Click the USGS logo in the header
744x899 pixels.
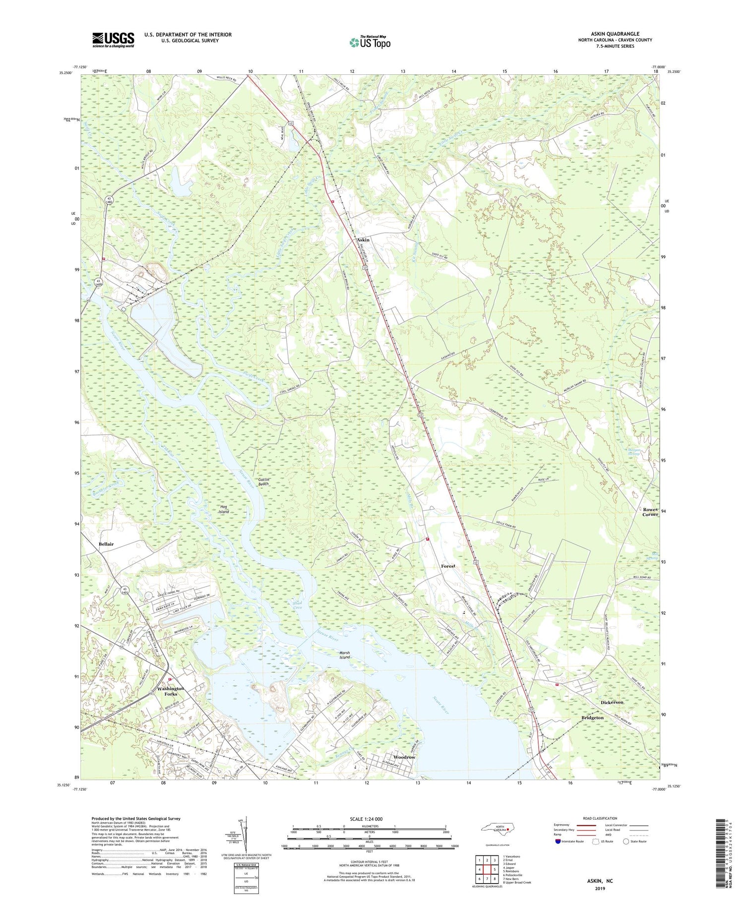(113, 40)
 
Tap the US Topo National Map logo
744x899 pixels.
(370, 42)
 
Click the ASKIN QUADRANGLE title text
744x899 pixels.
(615, 34)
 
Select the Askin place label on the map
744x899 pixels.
(363, 240)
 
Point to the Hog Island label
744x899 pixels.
(224, 509)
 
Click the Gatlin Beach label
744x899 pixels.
(263, 481)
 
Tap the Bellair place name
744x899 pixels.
(106, 544)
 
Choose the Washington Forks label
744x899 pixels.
(171, 691)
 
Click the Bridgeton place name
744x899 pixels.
(592, 718)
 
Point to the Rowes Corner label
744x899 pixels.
(650, 512)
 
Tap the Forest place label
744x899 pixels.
(448, 566)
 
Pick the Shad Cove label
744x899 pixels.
(297, 605)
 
